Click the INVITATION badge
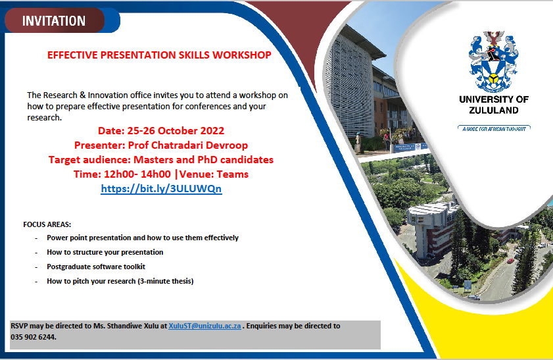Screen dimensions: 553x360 click(55, 21)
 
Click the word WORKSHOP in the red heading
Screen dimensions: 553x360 click(242, 55)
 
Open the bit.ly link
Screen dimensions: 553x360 click(161, 189)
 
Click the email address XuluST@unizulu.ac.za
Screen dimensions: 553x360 click(204, 326)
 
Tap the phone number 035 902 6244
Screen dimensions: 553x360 click(33, 337)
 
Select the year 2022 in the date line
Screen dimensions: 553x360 click(212, 131)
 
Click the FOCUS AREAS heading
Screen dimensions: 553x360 click(47, 224)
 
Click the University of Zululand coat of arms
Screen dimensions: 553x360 click(493, 61)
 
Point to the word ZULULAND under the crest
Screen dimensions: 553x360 click(494, 111)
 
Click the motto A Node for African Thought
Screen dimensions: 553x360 click(494, 129)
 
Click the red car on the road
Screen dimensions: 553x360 click(510, 261)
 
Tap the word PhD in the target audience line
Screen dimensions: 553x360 click(207, 160)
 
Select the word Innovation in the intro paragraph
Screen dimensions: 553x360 click(108, 95)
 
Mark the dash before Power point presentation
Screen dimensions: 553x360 click(36, 238)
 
